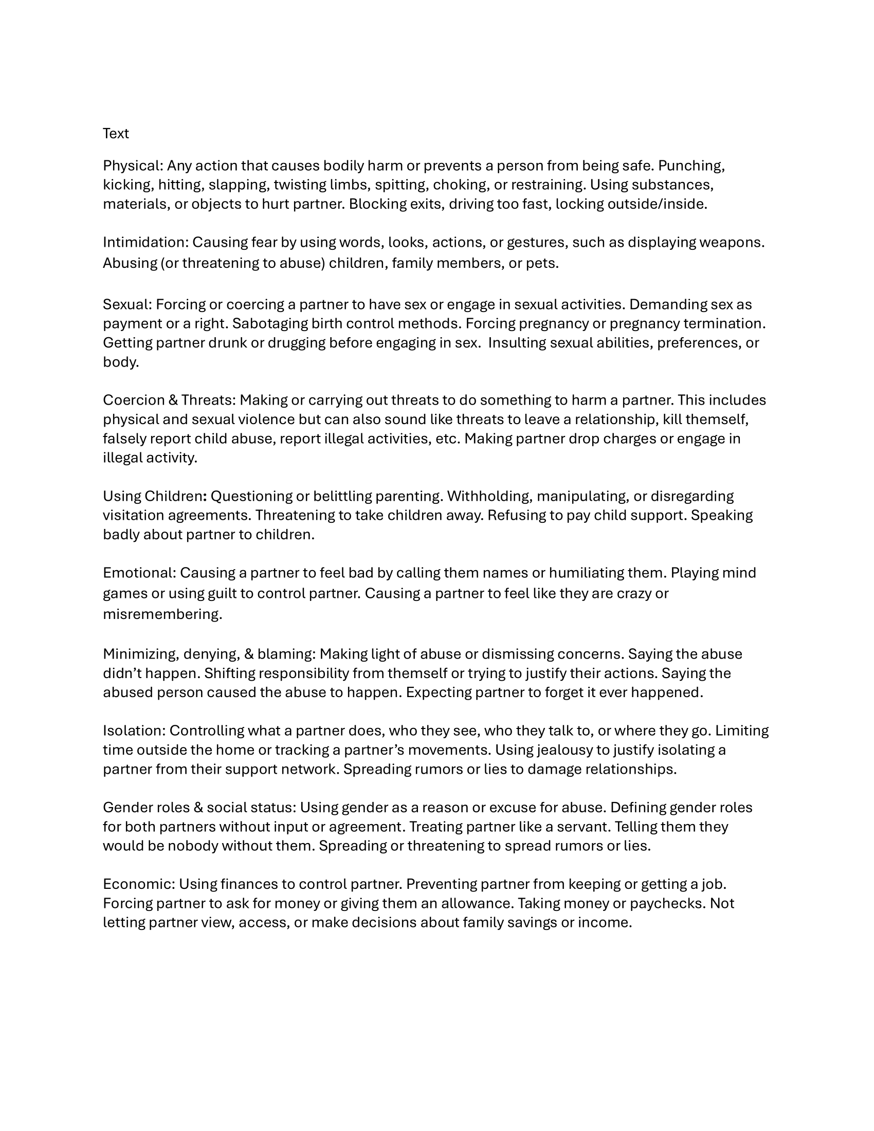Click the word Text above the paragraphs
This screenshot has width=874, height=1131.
coord(116,134)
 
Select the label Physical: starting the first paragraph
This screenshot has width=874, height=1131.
coord(133,166)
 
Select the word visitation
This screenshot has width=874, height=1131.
coord(133,515)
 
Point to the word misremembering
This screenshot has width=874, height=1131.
coord(162,614)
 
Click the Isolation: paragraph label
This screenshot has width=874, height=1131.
coord(134,731)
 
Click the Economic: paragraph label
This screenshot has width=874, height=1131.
coord(139,884)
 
